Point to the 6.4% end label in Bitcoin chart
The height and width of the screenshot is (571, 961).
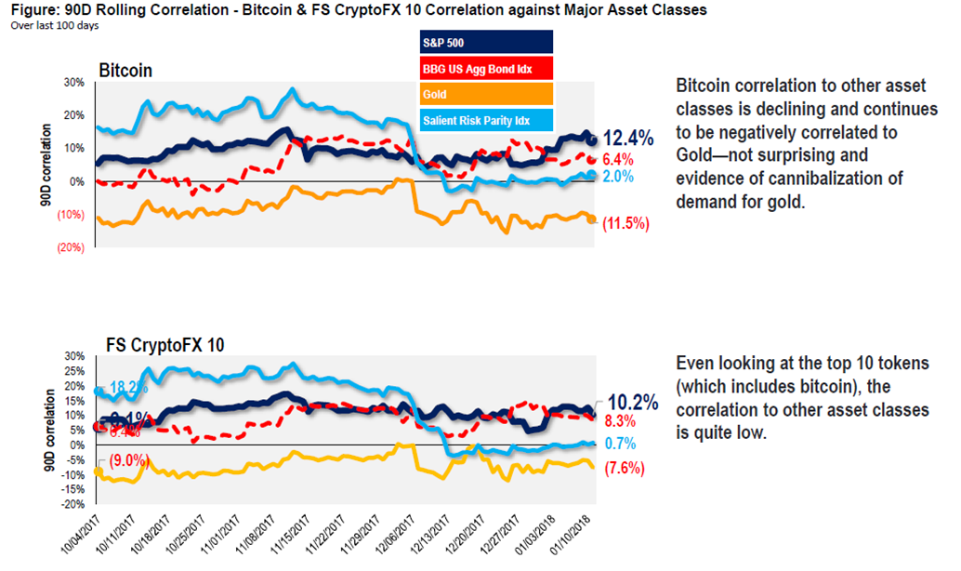coord(618,159)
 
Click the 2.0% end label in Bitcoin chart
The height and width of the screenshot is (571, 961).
coord(618,177)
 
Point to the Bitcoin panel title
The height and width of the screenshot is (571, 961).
coord(126,71)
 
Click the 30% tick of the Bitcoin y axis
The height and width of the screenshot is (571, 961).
coord(74,82)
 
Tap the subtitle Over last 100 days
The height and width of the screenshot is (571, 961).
coord(54,25)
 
